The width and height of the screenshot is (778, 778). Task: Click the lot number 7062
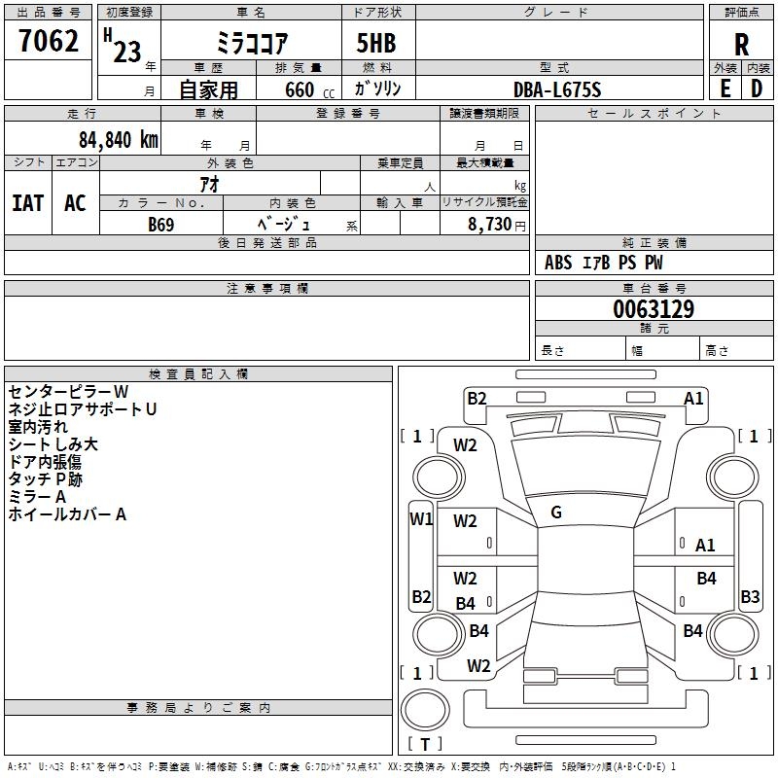[x=49, y=44]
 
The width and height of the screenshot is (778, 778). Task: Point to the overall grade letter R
[x=741, y=45]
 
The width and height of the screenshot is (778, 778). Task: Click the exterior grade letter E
[x=725, y=88]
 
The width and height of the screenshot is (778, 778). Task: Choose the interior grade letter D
[x=757, y=88]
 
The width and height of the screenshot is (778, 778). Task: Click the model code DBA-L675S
[x=557, y=89]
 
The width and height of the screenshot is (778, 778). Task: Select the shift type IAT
[x=27, y=203]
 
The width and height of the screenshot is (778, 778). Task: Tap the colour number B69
[x=161, y=225]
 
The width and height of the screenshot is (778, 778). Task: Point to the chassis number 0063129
[x=654, y=310]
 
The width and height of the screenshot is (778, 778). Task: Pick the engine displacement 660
[x=300, y=89]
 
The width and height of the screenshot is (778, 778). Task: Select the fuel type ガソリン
[x=378, y=88]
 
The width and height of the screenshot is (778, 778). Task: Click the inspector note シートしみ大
[x=53, y=444]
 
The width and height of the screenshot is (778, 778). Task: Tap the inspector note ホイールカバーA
[x=67, y=514]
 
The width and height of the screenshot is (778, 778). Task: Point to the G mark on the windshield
[x=556, y=513]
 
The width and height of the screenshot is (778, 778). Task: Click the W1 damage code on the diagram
[x=421, y=518]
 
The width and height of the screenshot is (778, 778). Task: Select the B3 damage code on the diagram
[x=750, y=597]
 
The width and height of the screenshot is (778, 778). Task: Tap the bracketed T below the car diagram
[x=425, y=744]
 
